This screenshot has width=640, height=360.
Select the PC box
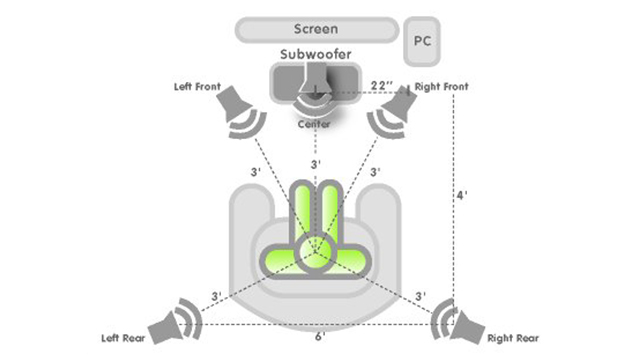point(423,41)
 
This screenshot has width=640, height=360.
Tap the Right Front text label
point(443,86)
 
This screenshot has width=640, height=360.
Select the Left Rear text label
point(124,337)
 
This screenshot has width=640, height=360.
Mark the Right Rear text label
point(514,338)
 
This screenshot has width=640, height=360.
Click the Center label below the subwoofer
point(317,125)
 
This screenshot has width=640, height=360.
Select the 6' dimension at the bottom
point(319,337)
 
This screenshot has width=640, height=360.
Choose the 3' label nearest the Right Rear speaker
point(420,297)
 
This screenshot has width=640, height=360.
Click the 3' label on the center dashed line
point(317,163)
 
